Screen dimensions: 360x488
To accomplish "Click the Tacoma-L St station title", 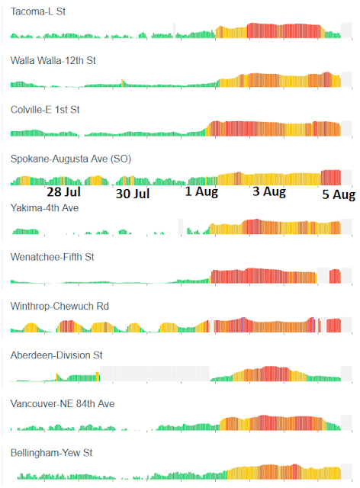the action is pos(38,11).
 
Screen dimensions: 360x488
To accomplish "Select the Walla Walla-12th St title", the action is pos(53,60).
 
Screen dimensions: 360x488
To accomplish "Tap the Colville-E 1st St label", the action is pos(45,110).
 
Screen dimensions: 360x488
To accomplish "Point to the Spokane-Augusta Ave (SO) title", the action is pos(71,159).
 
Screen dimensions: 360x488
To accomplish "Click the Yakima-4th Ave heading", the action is pos(44,207).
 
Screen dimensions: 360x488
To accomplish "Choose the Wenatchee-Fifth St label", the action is pos(53,257).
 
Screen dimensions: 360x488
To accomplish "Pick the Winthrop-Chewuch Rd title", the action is pos(59,306).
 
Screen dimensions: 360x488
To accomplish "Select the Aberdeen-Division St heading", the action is pos(56,355).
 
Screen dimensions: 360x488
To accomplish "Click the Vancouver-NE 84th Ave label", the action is pos(63,403).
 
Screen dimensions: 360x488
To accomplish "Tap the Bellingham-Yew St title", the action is pos(51,453).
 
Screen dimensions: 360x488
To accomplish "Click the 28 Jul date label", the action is pos(64,191).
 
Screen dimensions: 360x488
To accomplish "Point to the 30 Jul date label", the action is pos(133,194).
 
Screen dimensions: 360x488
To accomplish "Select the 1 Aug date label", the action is pos(201,191).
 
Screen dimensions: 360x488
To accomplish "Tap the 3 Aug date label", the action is pos(269,191).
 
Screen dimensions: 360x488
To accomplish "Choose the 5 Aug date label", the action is pos(339,194).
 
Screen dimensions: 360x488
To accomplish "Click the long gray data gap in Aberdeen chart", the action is pos(155,374).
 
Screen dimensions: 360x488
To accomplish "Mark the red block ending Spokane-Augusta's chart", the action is pos(331,178).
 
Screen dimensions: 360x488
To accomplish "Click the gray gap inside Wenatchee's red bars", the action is pos(323,275).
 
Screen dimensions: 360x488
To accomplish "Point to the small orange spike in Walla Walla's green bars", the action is pos(122,83).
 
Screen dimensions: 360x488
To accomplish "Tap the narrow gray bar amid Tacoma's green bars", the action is pos(174,30).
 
